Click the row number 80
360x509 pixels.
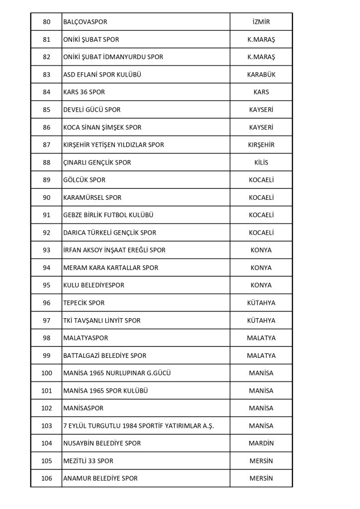coord(46,22)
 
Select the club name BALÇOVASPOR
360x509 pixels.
coord(85,22)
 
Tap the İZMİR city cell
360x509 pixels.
coord(261,22)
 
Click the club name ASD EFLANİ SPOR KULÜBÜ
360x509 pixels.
coord(103,75)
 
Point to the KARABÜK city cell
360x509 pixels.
coord(261,75)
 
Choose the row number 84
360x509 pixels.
coord(46,92)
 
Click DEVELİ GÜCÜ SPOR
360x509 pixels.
coord(91,109)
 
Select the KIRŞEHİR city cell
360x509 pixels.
coord(261,145)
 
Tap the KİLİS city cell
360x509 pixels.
coord(261,163)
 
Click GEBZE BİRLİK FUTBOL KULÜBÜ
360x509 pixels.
coord(108,215)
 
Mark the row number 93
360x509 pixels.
coord(46,250)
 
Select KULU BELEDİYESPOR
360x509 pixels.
coord(93,285)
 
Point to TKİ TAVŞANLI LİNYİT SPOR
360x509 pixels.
coord(102,321)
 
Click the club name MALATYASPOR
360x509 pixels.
coord(86,338)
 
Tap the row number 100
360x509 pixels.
coord(46,373)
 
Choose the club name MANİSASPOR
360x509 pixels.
coord(84,408)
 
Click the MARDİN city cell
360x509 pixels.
coord(261,443)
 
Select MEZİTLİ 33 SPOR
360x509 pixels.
coord(88,461)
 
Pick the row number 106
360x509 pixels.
coord(46,478)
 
